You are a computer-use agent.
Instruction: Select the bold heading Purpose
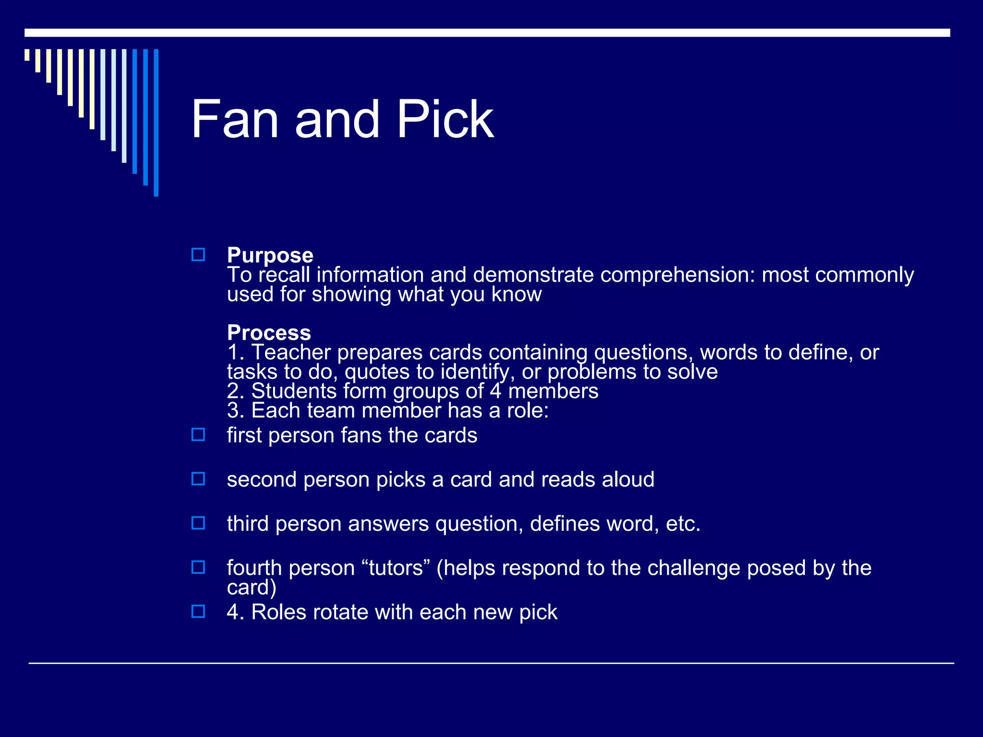click(270, 255)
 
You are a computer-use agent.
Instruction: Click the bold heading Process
click(269, 333)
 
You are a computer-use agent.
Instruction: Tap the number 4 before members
click(495, 391)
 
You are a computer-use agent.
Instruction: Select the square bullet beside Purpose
click(198, 255)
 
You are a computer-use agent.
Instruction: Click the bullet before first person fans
click(198, 435)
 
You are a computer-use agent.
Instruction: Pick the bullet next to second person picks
click(198, 479)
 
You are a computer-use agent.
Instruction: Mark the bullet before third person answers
click(198, 523)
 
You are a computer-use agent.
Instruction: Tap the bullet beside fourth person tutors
click(198, 567)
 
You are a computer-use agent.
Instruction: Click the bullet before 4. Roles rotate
click(198, 611)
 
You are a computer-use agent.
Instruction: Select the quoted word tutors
click(396, 568)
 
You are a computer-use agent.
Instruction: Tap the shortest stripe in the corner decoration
click(27, 55)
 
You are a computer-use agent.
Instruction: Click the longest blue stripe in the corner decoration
click(156, 122)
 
